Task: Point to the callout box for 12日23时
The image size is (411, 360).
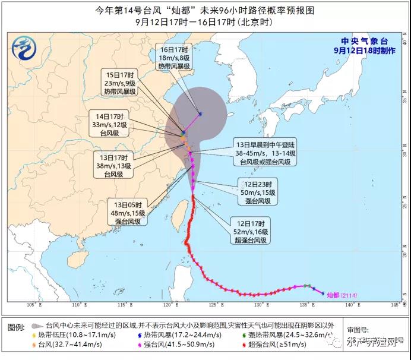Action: [x=256, y=192]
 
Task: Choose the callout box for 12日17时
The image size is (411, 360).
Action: [x=251, y=232]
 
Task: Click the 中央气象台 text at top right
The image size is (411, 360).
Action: [x=364, y=41]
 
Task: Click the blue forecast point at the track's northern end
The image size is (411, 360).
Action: [x=201, y=113]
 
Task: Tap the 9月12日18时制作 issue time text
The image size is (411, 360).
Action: [x=364, y=50]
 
